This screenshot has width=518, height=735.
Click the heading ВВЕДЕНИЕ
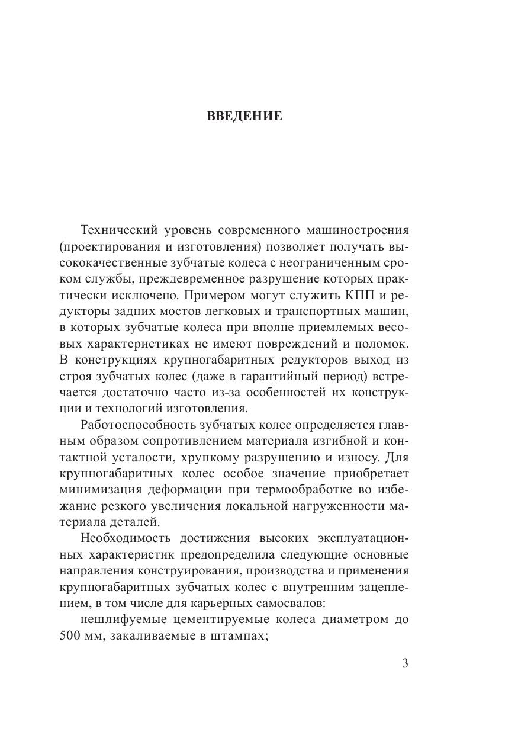244,116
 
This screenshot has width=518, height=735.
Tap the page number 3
405,663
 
